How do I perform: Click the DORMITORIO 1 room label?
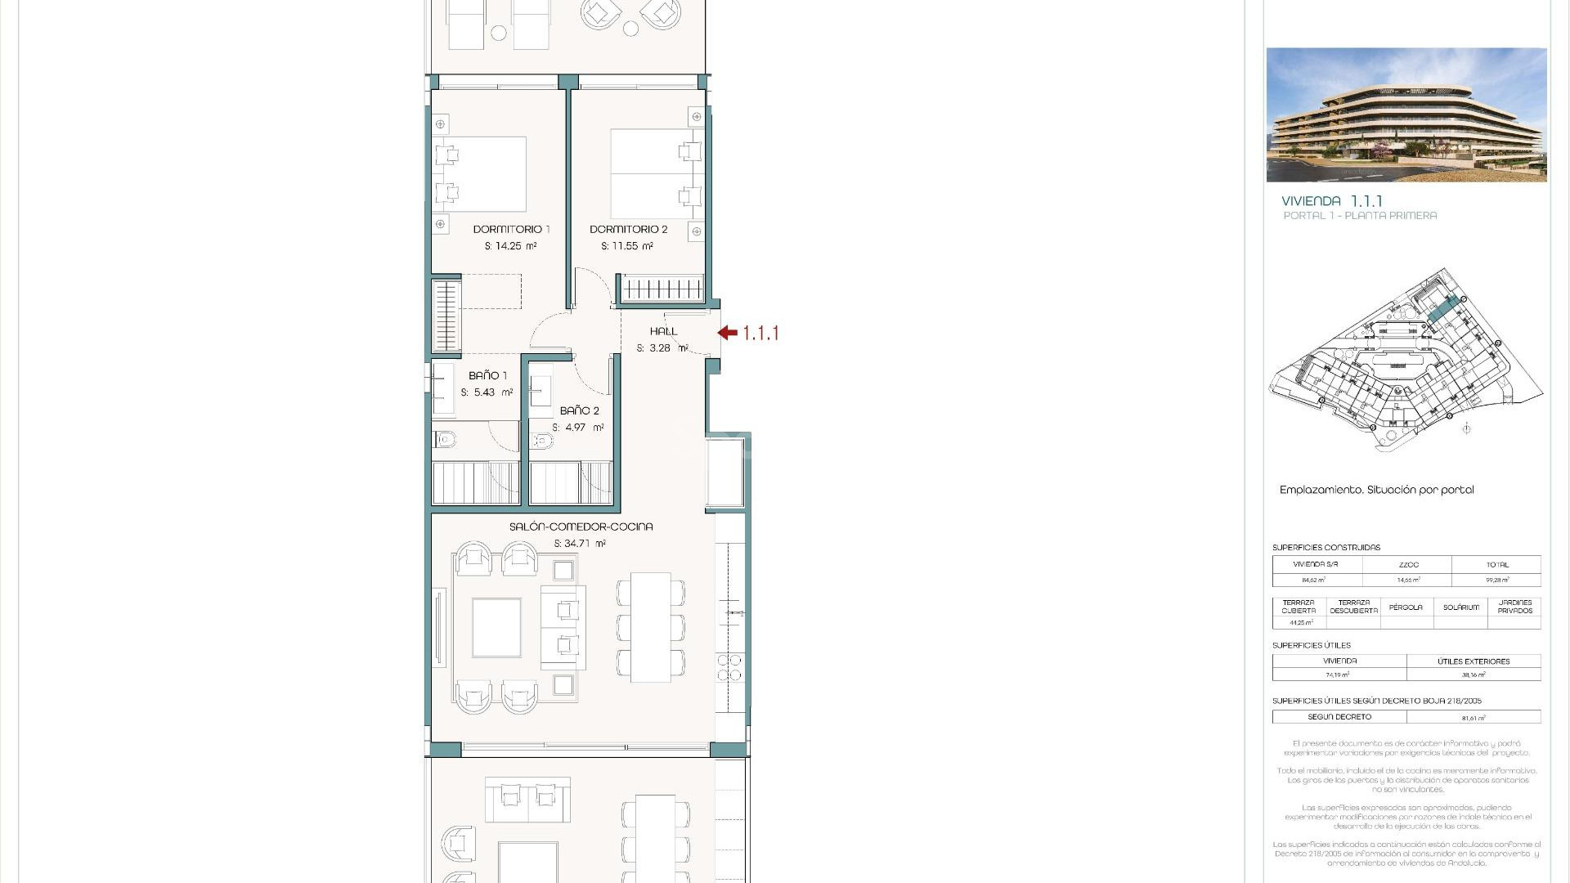(x=511, y=229)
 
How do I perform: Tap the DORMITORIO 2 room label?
(x=628, y=229)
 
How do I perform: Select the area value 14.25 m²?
(x=510, y=246)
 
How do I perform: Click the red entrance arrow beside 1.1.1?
(x=727, y=333)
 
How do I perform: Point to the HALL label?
(x=663, y=331)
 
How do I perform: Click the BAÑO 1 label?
(x=487, y=375)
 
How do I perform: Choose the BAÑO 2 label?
(x=579, y=410)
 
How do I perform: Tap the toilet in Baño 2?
(x=541, y=441)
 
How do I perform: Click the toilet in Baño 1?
(x=444, y=441)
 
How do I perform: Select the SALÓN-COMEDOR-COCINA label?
(x=581, y=527)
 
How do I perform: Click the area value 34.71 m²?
(x=579, y=544)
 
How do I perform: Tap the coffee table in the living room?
(x=496, y=627)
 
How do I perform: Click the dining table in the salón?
(x=651, y=627)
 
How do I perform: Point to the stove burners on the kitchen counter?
(x=729, y=667)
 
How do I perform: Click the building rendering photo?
(x=1406, y=114)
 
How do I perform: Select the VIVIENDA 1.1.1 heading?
(x=1331, y=200)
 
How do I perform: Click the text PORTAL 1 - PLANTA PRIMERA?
(x=1359, y=216)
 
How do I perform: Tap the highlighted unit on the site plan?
(x=1443, y=310)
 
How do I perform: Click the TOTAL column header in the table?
(x=1496, y=565)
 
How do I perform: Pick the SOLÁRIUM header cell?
(x=1460, y=607)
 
